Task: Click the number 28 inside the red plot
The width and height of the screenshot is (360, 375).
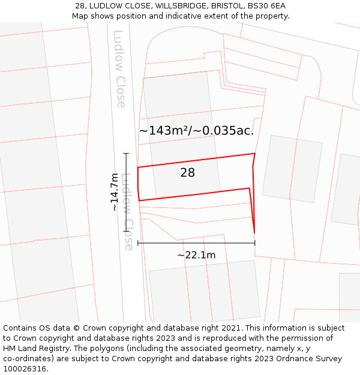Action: pos(187,173)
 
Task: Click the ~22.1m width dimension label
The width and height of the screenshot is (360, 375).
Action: pos(196,255)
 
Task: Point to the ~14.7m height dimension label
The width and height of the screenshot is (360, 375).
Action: pos(114,192)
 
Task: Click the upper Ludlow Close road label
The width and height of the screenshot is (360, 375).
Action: pos(119,68)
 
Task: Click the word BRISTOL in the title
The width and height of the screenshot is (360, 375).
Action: pos(226,6)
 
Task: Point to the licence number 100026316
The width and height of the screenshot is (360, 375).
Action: pos(25,368)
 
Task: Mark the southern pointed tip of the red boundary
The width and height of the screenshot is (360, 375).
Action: pos(254,233)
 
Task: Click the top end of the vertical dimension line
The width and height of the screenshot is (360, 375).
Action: pos(127,154)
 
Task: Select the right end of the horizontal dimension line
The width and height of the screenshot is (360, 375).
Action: pos(255,243)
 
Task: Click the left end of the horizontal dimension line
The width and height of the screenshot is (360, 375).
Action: pos(138,243)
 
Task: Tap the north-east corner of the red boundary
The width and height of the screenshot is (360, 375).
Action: pos(255,154)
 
